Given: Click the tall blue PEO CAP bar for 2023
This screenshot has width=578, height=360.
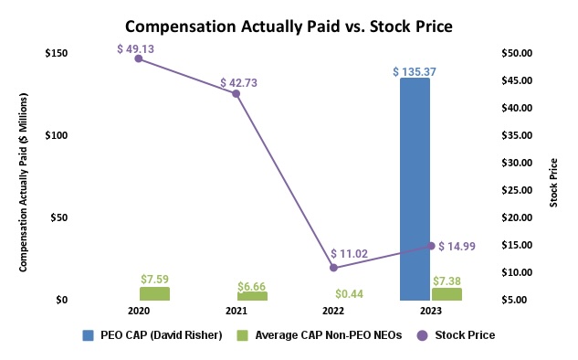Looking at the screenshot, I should pyautogui.click(x=415, y=189).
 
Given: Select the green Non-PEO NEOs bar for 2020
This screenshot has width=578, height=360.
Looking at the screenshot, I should pyautogui.click(x=154, y=294).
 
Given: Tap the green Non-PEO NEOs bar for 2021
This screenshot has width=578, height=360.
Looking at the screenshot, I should pyautogui.click(x=252, y=296).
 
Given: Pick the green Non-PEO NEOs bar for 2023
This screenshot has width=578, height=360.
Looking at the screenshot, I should pyautogui.click(x=447, y=294).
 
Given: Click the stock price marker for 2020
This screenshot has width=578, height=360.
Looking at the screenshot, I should pyautogui.click(x=139, y=58).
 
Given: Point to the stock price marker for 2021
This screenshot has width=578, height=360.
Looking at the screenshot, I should pyautogui.click(x=236, y=93).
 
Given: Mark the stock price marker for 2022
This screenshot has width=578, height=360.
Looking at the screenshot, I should pyautogui.click(x=333, y=268).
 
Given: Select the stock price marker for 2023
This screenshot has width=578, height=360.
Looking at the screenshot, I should pyautogui.click(x=431, y=246).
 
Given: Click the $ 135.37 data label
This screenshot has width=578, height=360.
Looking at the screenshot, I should pyautogui.click(x=415, y=70).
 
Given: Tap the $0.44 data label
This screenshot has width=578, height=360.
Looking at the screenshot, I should pyautogui.click(x=350, y=292).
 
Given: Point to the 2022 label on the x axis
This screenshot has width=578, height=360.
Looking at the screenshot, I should pyautogui.click(x=333, y=312).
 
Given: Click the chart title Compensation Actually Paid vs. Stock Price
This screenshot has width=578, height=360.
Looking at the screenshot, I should pyautogui.click(x=289, y=26).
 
